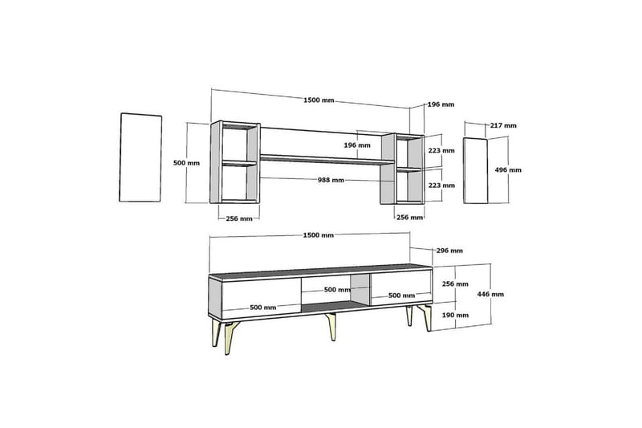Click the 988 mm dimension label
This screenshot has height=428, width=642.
coord(331,180)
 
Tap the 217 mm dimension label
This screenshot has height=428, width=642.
coord(503,125)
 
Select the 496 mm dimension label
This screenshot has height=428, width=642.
coord(508,169)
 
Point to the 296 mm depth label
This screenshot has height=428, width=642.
coord(449,251)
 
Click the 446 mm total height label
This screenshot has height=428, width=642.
coord(490,294)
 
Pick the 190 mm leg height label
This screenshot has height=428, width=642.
coord(455,315)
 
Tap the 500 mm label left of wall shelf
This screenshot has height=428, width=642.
coord(187,162)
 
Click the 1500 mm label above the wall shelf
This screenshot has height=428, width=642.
coord(319,100)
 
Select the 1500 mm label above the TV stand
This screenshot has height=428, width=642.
coord(318,235)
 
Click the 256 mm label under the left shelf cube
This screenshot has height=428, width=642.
coord(239,218)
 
